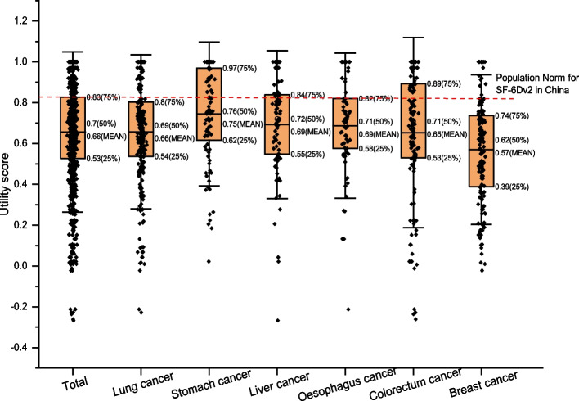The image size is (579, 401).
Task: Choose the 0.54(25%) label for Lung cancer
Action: (x=176, y=155)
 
